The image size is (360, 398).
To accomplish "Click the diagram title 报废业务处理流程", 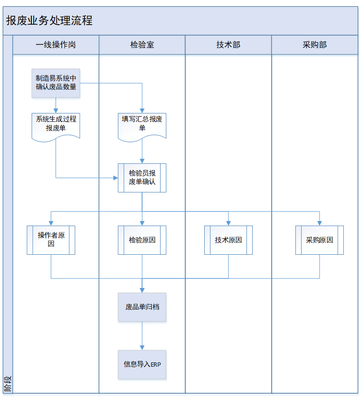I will click(x=49, y=21).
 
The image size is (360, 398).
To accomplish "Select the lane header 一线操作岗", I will click(x=56, y=45).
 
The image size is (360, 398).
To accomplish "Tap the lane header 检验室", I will click(x=142, y=45).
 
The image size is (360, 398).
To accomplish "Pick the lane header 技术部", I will click(x=228, y=45).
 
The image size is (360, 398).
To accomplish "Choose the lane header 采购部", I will click(x=314, y=45).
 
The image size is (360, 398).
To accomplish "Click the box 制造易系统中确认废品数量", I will click(x=56, y=83).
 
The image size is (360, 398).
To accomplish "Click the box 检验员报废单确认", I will click(x=142, y=177).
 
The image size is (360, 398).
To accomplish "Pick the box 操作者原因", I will click(x=51, y=240).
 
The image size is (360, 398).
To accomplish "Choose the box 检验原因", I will click(x=142, y=240).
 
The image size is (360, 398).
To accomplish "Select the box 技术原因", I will click(x=228, y=240).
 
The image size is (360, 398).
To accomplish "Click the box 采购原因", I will click(x=319, y=240).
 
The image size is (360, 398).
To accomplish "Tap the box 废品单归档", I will click(x=142, y=307).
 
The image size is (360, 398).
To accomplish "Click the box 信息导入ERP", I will click(x=142, y=364).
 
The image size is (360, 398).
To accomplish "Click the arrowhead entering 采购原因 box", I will click(x=319, y=223).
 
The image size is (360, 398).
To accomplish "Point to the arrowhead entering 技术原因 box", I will click(x=228, y=223).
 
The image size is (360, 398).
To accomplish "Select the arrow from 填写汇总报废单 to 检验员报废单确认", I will click(x=142, y=151).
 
